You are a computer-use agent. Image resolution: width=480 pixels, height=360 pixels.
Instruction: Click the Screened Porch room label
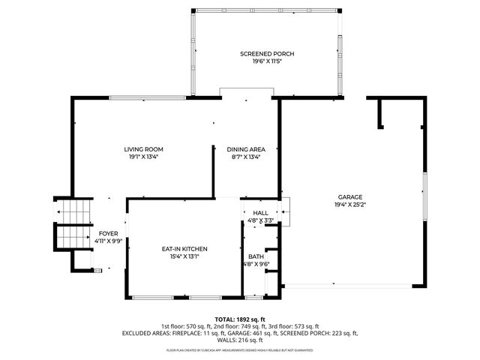267,54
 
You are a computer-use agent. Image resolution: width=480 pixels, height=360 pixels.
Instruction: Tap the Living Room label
143,149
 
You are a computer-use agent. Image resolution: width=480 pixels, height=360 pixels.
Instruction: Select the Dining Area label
246,149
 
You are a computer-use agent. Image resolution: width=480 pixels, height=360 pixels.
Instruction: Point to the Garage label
349,196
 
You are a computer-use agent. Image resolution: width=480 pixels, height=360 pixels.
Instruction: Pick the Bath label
256,256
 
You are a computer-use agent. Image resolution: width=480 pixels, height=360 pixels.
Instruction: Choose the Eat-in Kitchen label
184,249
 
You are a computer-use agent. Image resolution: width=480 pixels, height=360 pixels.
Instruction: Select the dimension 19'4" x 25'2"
349,204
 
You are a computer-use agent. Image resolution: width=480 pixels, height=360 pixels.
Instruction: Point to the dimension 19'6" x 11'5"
267,61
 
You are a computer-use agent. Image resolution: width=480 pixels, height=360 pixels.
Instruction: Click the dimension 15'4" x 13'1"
184,256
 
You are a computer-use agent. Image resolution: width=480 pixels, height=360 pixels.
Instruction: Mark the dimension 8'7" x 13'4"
246,157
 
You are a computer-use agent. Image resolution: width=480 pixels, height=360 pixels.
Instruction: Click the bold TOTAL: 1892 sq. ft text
240,319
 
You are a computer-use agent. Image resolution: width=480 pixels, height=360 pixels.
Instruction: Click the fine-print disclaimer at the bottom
240,350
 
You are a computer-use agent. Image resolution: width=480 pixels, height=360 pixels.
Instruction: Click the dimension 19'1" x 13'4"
143,157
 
